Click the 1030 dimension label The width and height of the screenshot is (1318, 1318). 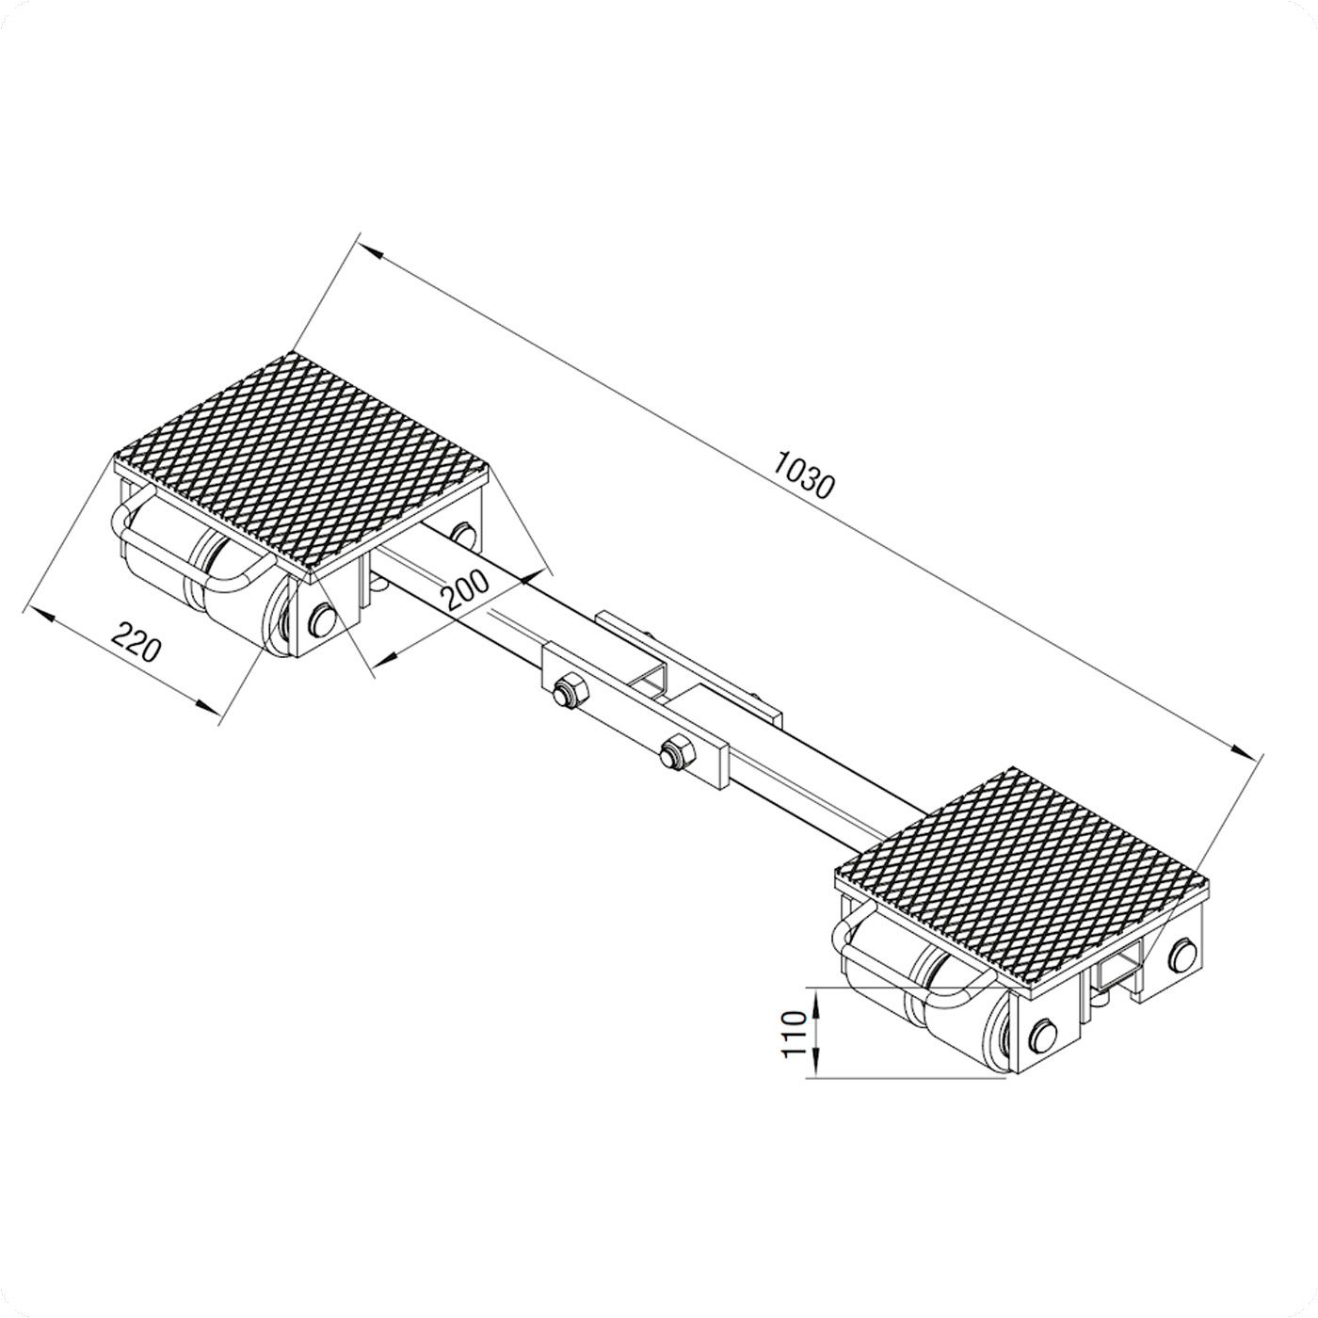pos(805,474)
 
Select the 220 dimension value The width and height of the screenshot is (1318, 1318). pos(136,641)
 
